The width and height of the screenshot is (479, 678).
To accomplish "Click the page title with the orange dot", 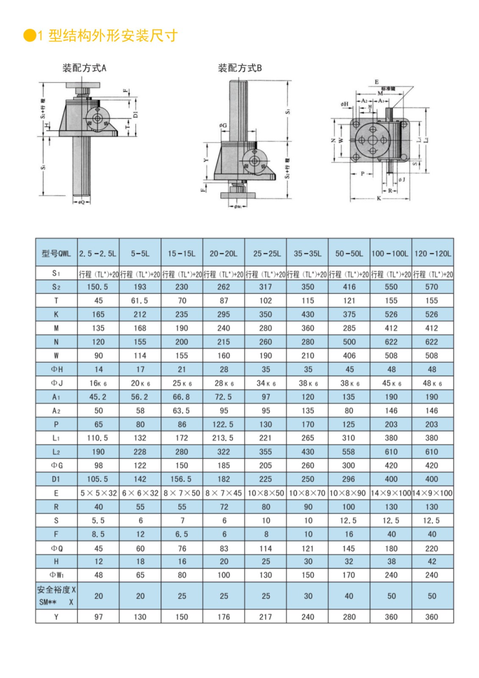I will (102, 36).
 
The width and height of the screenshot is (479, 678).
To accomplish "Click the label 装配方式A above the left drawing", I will (84, 68).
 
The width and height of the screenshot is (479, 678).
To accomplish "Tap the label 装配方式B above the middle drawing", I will (240, 68).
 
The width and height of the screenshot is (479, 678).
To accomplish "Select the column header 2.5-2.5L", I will (98, 253).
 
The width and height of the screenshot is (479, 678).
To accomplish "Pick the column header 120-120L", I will (432, 253).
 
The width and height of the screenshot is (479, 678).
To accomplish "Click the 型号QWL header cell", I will (56, 253).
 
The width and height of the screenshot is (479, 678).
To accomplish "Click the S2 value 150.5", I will (98, 287).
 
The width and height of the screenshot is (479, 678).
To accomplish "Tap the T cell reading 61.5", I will (140, 300).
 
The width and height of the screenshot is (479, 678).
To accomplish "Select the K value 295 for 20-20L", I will (224, 314).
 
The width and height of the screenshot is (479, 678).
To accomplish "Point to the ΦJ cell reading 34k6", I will (266, 383).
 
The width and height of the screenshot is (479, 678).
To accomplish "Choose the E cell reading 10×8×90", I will (349, 493).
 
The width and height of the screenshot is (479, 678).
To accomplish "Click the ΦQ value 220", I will (432, 548).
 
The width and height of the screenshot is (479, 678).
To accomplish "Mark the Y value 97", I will (98, 617).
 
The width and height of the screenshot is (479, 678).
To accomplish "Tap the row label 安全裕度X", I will (56, 589).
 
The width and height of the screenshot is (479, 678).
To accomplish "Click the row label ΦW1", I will (56, 575).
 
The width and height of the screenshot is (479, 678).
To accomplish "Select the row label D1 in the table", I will (56, 479).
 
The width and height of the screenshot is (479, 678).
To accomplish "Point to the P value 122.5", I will (223, 424).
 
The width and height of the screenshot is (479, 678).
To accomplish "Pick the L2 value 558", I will (349, 452).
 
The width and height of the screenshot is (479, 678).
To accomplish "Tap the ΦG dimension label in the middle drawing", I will (223, 125).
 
